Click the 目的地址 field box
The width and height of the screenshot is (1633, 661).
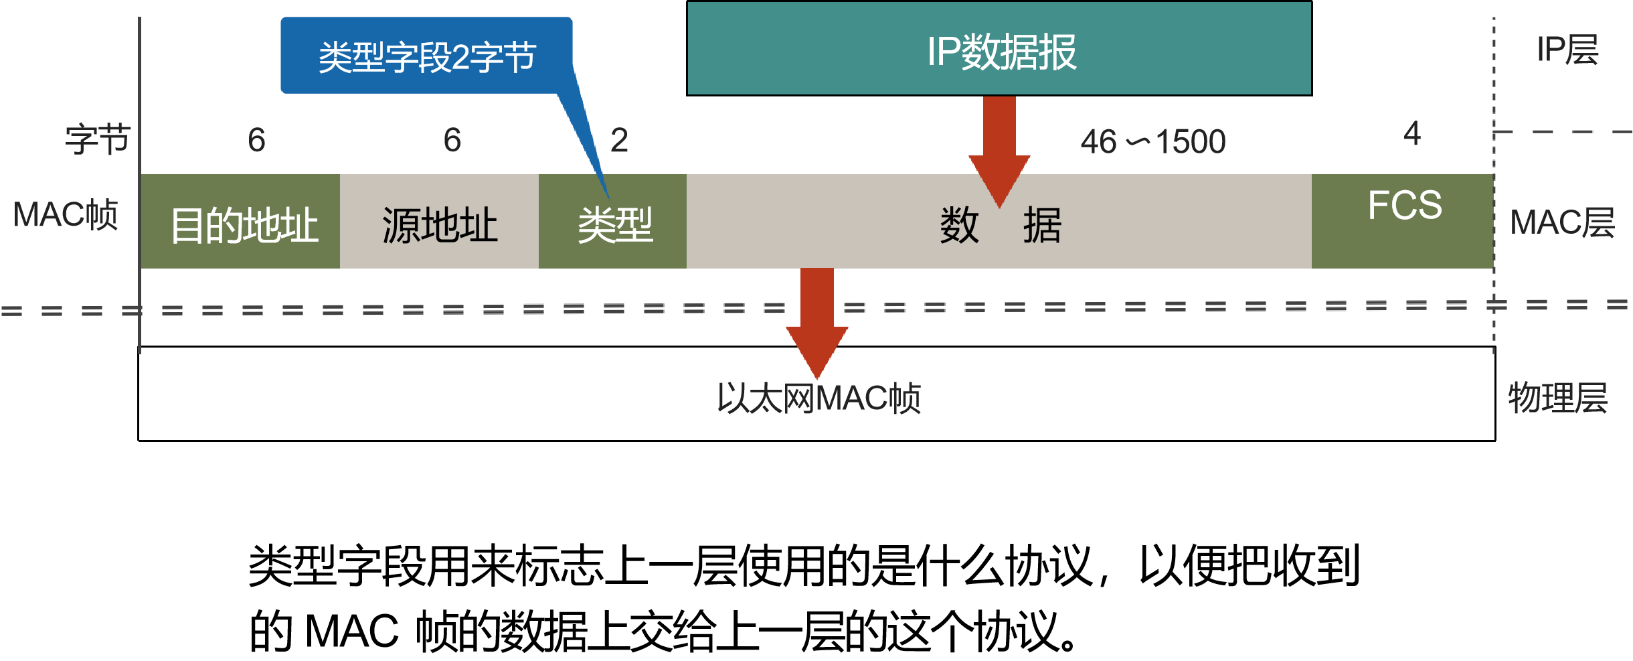(x=240, y=222)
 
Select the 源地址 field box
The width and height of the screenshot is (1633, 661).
(x=439, y=222)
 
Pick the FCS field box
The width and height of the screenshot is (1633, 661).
(x=1403, y=222)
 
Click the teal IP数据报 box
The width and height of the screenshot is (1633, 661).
(x=999, y=49)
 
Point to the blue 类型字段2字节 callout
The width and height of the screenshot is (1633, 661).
(x=426, y=56)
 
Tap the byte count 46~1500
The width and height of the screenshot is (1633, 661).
(x=1152, y=142)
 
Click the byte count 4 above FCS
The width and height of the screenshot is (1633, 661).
(x=1412, y=133)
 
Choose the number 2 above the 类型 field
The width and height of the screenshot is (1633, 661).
(x=619, y=141)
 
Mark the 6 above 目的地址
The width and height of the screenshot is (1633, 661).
(x=256, y=141)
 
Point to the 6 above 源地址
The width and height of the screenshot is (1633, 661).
(x=452, y=141)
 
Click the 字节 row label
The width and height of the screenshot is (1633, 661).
(x=97, y=140)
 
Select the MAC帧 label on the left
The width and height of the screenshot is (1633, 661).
(x=66, y=215)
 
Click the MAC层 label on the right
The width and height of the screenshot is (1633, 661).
(x=1562, y=222)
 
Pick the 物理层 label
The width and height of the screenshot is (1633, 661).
(x=1557, y=398)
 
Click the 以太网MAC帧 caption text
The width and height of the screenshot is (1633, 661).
(x=819, y=398)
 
